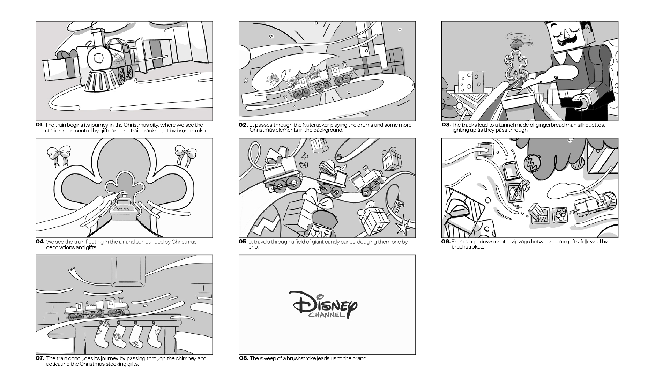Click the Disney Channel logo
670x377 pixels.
click(323, 305)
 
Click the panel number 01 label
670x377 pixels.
click(39, 125)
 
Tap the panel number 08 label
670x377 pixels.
click(243, 358)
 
